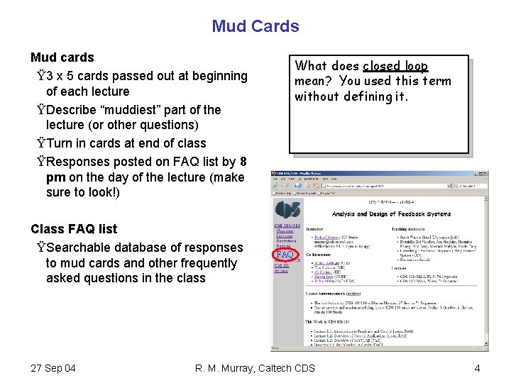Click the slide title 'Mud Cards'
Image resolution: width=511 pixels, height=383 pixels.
(255, 26)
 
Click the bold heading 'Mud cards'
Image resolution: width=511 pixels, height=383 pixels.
(62, 57)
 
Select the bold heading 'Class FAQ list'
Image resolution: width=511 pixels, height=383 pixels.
(74, 229)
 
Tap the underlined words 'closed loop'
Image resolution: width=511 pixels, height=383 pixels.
(395, 66)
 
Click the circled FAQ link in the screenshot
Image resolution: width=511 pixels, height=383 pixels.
(285, 255)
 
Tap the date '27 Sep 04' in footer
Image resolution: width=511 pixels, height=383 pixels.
(54, 368)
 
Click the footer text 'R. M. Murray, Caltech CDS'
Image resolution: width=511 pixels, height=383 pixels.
(255, 368)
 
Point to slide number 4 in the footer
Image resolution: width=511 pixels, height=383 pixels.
(478, 368)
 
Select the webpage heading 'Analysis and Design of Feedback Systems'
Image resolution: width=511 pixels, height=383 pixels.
(391, 213)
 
